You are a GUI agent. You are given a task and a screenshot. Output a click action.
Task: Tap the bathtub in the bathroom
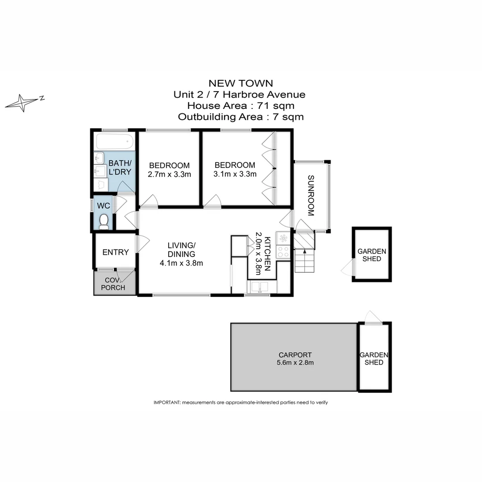tap(115, 141)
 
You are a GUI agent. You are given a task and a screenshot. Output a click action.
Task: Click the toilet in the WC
tap(104, 221)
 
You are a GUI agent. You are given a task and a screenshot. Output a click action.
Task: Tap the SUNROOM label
tap(311, 195)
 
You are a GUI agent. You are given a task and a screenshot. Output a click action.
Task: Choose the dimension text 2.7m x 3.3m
tap(169, 175)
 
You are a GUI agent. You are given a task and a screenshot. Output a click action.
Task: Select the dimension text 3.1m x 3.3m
tap(235, 174)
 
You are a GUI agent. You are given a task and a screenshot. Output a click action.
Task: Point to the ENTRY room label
tap(116, 252)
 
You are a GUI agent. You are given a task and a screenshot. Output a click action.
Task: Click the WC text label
tap(104, 206)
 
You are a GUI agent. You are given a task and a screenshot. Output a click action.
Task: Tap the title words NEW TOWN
tap(241, 83)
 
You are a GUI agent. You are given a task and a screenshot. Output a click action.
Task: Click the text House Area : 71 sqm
tap(241, 106)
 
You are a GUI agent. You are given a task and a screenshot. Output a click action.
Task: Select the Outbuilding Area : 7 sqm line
tap(241, 117)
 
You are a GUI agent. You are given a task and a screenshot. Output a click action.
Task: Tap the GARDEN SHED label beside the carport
tap(374, 359)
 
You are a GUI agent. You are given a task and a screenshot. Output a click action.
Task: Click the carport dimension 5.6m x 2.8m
tap(295, 363)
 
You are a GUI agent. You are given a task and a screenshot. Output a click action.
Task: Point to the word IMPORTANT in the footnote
tap(167, 403)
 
